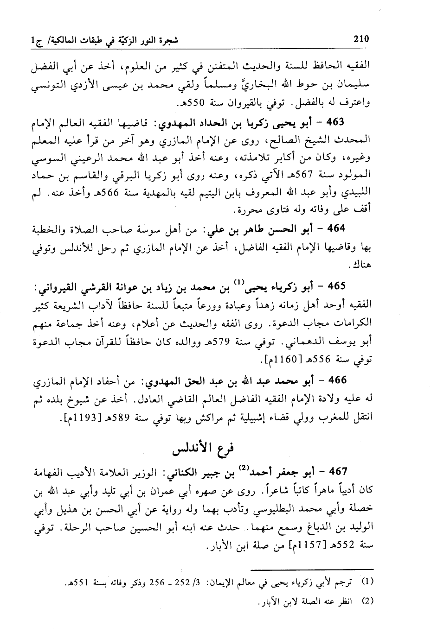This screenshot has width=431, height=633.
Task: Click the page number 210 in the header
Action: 360,39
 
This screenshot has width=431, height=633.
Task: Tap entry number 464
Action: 335,229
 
